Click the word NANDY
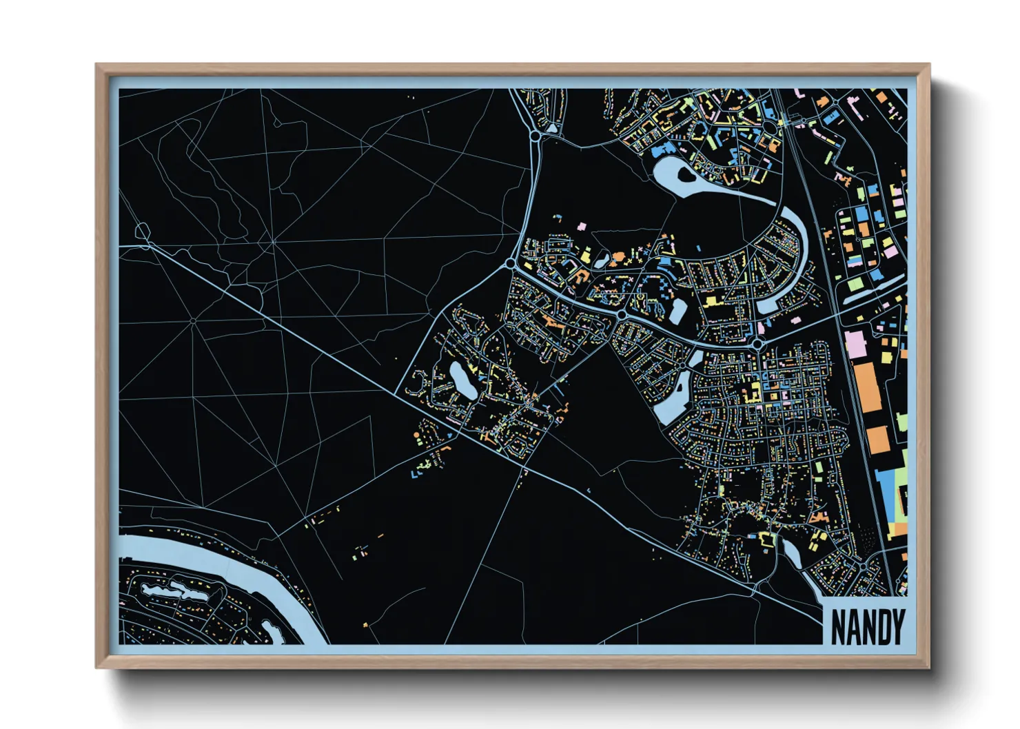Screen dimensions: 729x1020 867,626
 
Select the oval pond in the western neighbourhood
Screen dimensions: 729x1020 460,380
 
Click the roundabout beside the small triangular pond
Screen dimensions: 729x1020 535,136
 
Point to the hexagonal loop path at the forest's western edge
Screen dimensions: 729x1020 143,232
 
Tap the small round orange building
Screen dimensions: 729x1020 416,435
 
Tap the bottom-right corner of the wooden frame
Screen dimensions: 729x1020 928,667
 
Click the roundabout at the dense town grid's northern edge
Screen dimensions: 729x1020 757,343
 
